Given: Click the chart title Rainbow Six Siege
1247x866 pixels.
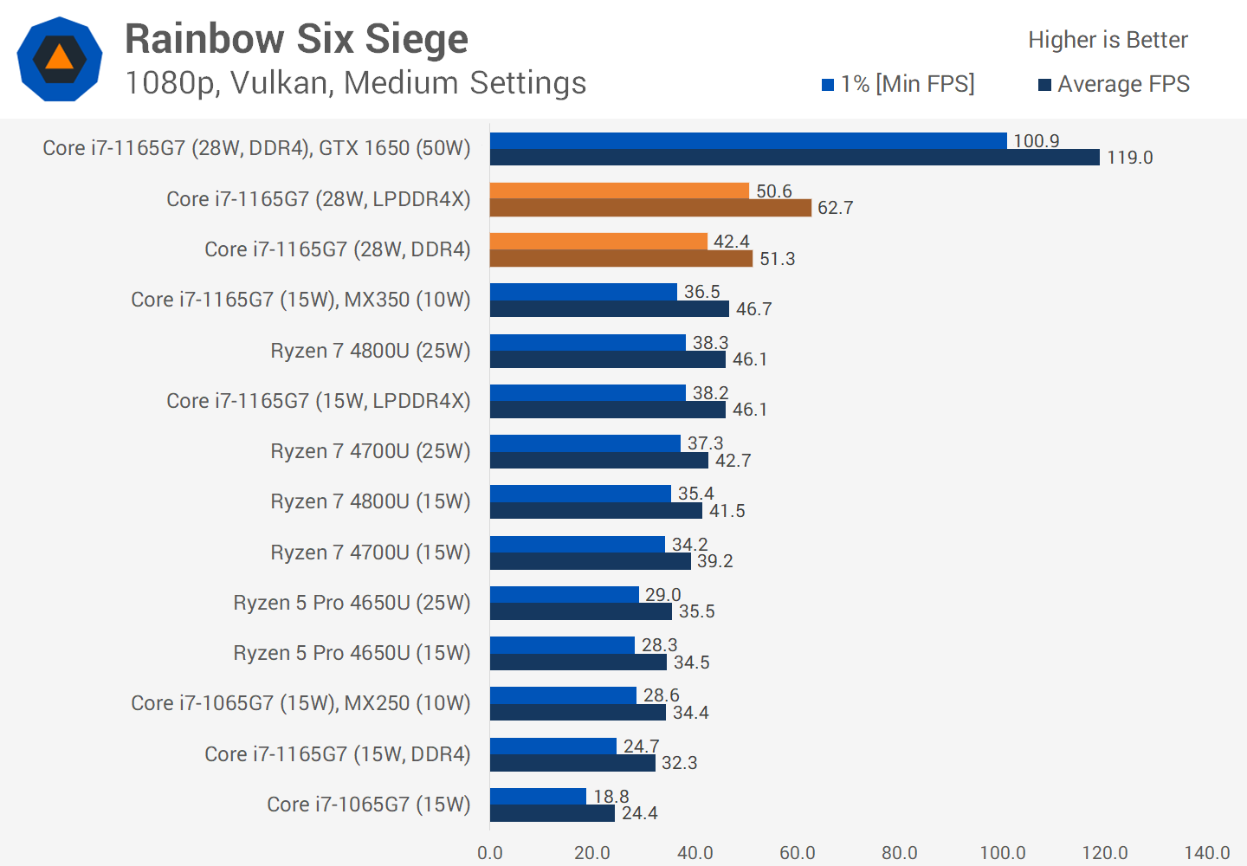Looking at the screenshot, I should [296, 40].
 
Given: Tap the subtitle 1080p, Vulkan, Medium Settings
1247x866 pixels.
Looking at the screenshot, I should [355, 83].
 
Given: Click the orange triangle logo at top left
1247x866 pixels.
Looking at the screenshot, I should [60, 58].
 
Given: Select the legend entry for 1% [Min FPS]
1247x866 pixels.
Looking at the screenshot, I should [898, 84].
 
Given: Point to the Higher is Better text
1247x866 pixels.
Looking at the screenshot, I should [1108, 40].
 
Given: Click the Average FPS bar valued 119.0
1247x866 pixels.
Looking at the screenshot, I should [794, 158].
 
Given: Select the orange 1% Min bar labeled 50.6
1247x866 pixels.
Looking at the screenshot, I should [619, 191].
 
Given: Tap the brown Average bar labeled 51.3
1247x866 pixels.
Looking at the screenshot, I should [621, 258].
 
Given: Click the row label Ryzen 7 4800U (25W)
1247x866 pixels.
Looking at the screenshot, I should [371, 351].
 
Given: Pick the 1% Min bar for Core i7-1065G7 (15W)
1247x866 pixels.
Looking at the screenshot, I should [538, 796].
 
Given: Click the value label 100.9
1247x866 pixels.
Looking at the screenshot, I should [1036, 141].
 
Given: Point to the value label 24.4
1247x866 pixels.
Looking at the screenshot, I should [639, 813].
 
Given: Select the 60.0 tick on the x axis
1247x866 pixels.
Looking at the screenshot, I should [797, 853].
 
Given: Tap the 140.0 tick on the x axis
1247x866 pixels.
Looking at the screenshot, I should [1206, 853].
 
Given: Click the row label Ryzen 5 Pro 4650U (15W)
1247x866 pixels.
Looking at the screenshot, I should [352, 653].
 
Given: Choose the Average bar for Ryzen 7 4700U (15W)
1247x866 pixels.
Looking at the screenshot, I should [590, 561].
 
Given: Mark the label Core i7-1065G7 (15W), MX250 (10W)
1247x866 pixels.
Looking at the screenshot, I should [300, 703].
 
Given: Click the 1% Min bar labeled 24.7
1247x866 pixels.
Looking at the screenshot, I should [552, 746].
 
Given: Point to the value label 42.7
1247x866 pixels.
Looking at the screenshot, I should [733, 461].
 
